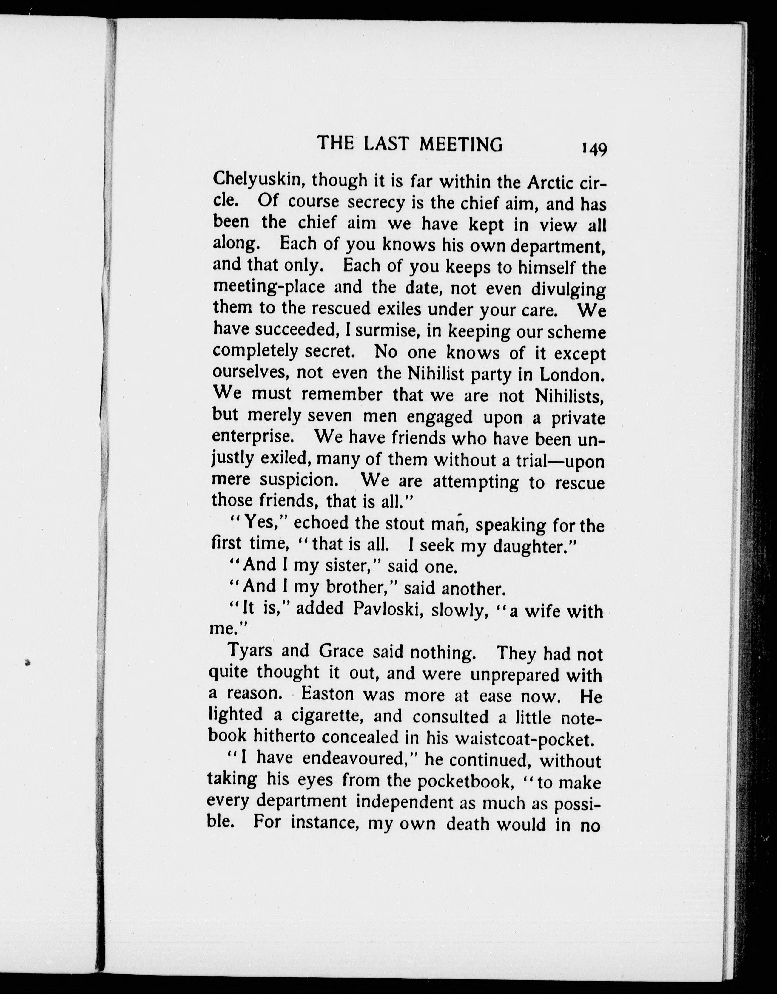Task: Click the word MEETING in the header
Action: click(461, 144)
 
